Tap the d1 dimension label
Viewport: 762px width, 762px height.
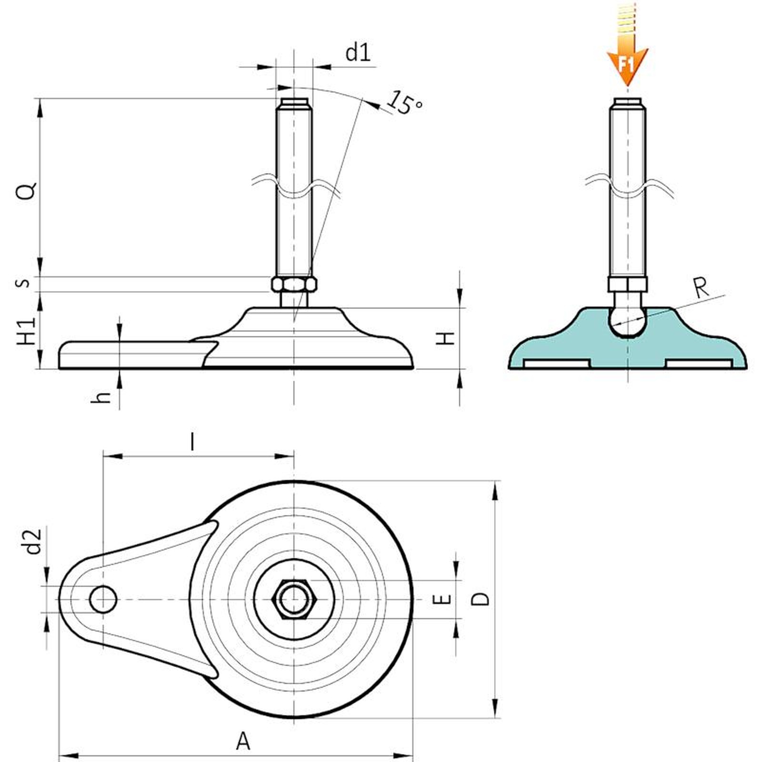pyautogui.click(x=358, y=52)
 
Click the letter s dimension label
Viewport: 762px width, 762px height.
pyautogui.click(x=23, y=283)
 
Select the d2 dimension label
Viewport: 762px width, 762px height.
pyautogui.click(x=33, y=541)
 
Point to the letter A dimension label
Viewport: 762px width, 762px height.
pyautogui.click(x=243, y=742)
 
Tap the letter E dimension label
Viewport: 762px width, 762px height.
pyautogui.click(x=443, y=599)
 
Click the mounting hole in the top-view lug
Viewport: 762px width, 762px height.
pyautogui.click(x=103, y=599)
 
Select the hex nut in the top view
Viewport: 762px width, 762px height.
pyautogui.click(x=294, y=599)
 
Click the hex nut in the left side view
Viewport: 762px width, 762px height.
pyautogui.click(x=294, y=284)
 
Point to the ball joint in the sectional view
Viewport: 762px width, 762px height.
pyautogui.click(x=628, y=321)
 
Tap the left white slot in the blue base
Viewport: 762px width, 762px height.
pyautogui.click(x=556, y=364)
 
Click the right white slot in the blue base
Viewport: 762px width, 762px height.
pyautogui.click(x=698, y=364)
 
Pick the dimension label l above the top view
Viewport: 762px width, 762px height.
pyautogui.click(x=192, y=441)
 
